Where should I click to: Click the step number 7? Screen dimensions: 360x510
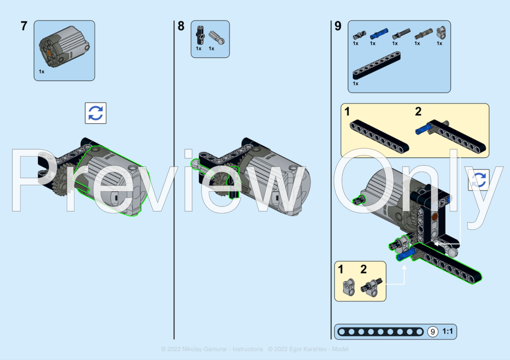coord(24,26)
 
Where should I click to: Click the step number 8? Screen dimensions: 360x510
coord(181,26)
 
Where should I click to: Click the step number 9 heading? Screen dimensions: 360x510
coord(338,26)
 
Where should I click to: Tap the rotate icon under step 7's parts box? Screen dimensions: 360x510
coord(95,113)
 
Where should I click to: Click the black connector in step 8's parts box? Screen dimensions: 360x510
coord(199,35)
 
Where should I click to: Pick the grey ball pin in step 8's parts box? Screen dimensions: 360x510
coord(217,36)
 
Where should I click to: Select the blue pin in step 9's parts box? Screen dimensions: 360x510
coord(378,32)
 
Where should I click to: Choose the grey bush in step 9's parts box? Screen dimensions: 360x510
coord(440,32)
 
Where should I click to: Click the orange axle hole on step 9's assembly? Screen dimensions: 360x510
coord(435,217)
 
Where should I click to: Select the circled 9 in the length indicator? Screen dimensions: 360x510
coord(433,331)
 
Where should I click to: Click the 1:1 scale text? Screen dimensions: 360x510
coord(448,331)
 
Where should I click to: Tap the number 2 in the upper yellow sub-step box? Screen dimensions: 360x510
coord(418,112)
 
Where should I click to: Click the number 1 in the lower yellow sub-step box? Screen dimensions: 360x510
coord(341,270)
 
